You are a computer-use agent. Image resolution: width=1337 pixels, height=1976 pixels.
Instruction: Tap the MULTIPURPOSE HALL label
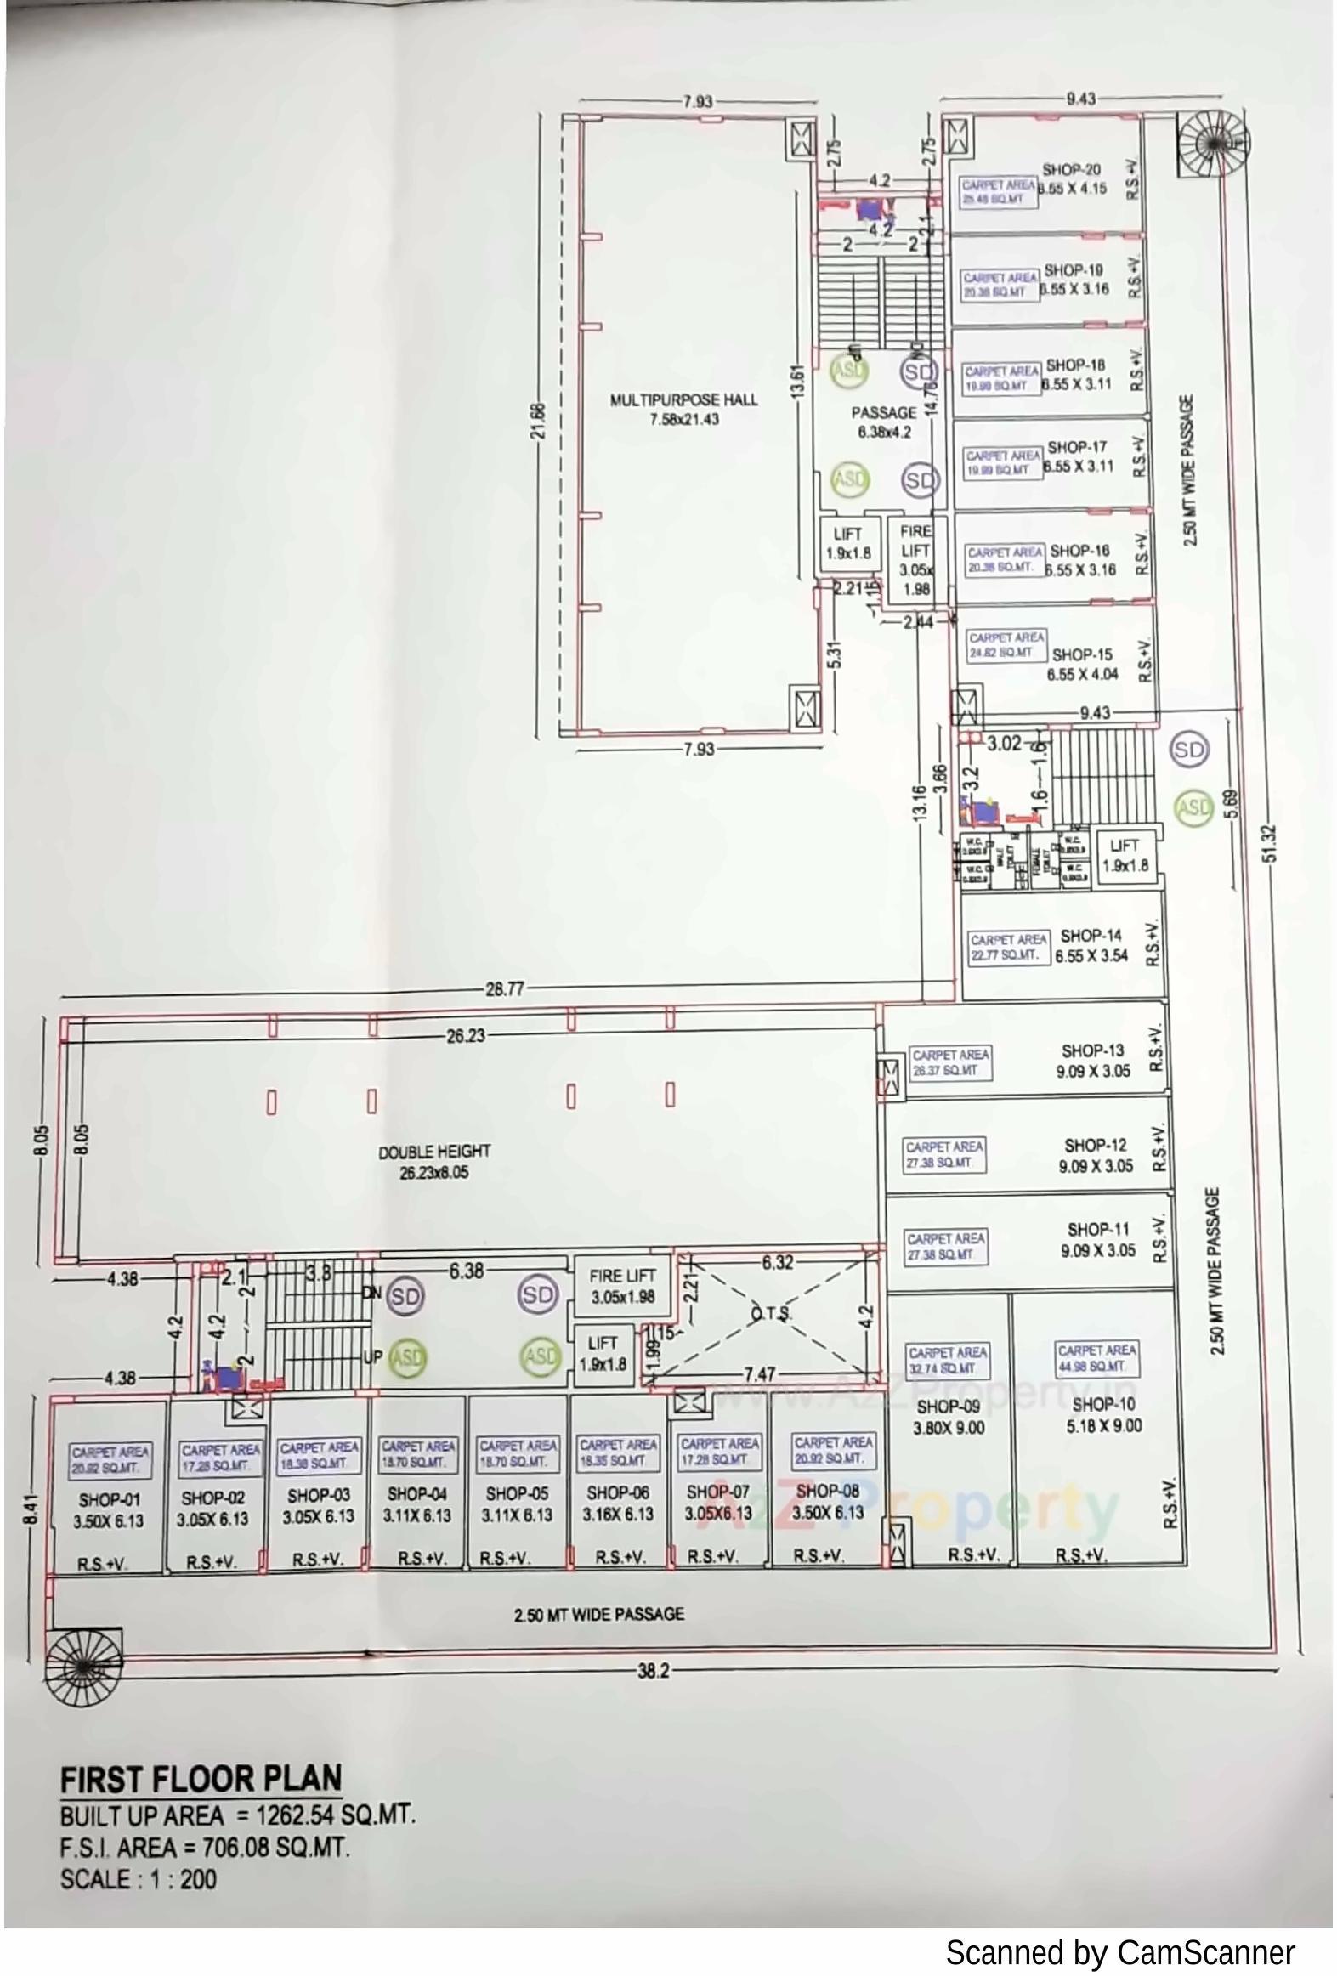click(x=684, y=399)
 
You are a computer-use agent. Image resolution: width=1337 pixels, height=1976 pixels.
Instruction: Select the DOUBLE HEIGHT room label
click(x=434, y=1152)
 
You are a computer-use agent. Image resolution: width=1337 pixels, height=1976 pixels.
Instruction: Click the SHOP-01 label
click(x=109, y=1500)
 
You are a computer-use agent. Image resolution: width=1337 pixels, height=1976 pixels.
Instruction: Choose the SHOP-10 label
click(x=1103, y=1404)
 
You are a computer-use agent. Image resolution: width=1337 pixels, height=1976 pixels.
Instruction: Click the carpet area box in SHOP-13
click(x=950, y=1062)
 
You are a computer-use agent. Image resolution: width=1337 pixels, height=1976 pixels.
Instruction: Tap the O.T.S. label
click(x=770, y=1314)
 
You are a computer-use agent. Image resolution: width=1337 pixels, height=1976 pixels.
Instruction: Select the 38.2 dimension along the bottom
click(x=653, y=1671)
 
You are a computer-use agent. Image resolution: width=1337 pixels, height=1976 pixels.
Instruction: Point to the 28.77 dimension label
click(x=505, y=989)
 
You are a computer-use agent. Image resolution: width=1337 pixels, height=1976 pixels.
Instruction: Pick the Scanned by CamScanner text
click(x=1120, y=1952)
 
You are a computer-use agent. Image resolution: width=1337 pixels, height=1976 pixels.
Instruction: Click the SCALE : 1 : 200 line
click(x=139, y=1878)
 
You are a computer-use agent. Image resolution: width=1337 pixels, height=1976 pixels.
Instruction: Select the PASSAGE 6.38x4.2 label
click(x=884, y=422)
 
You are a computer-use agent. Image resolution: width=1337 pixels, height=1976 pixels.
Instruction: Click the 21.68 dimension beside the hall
click(x=537, y=422)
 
